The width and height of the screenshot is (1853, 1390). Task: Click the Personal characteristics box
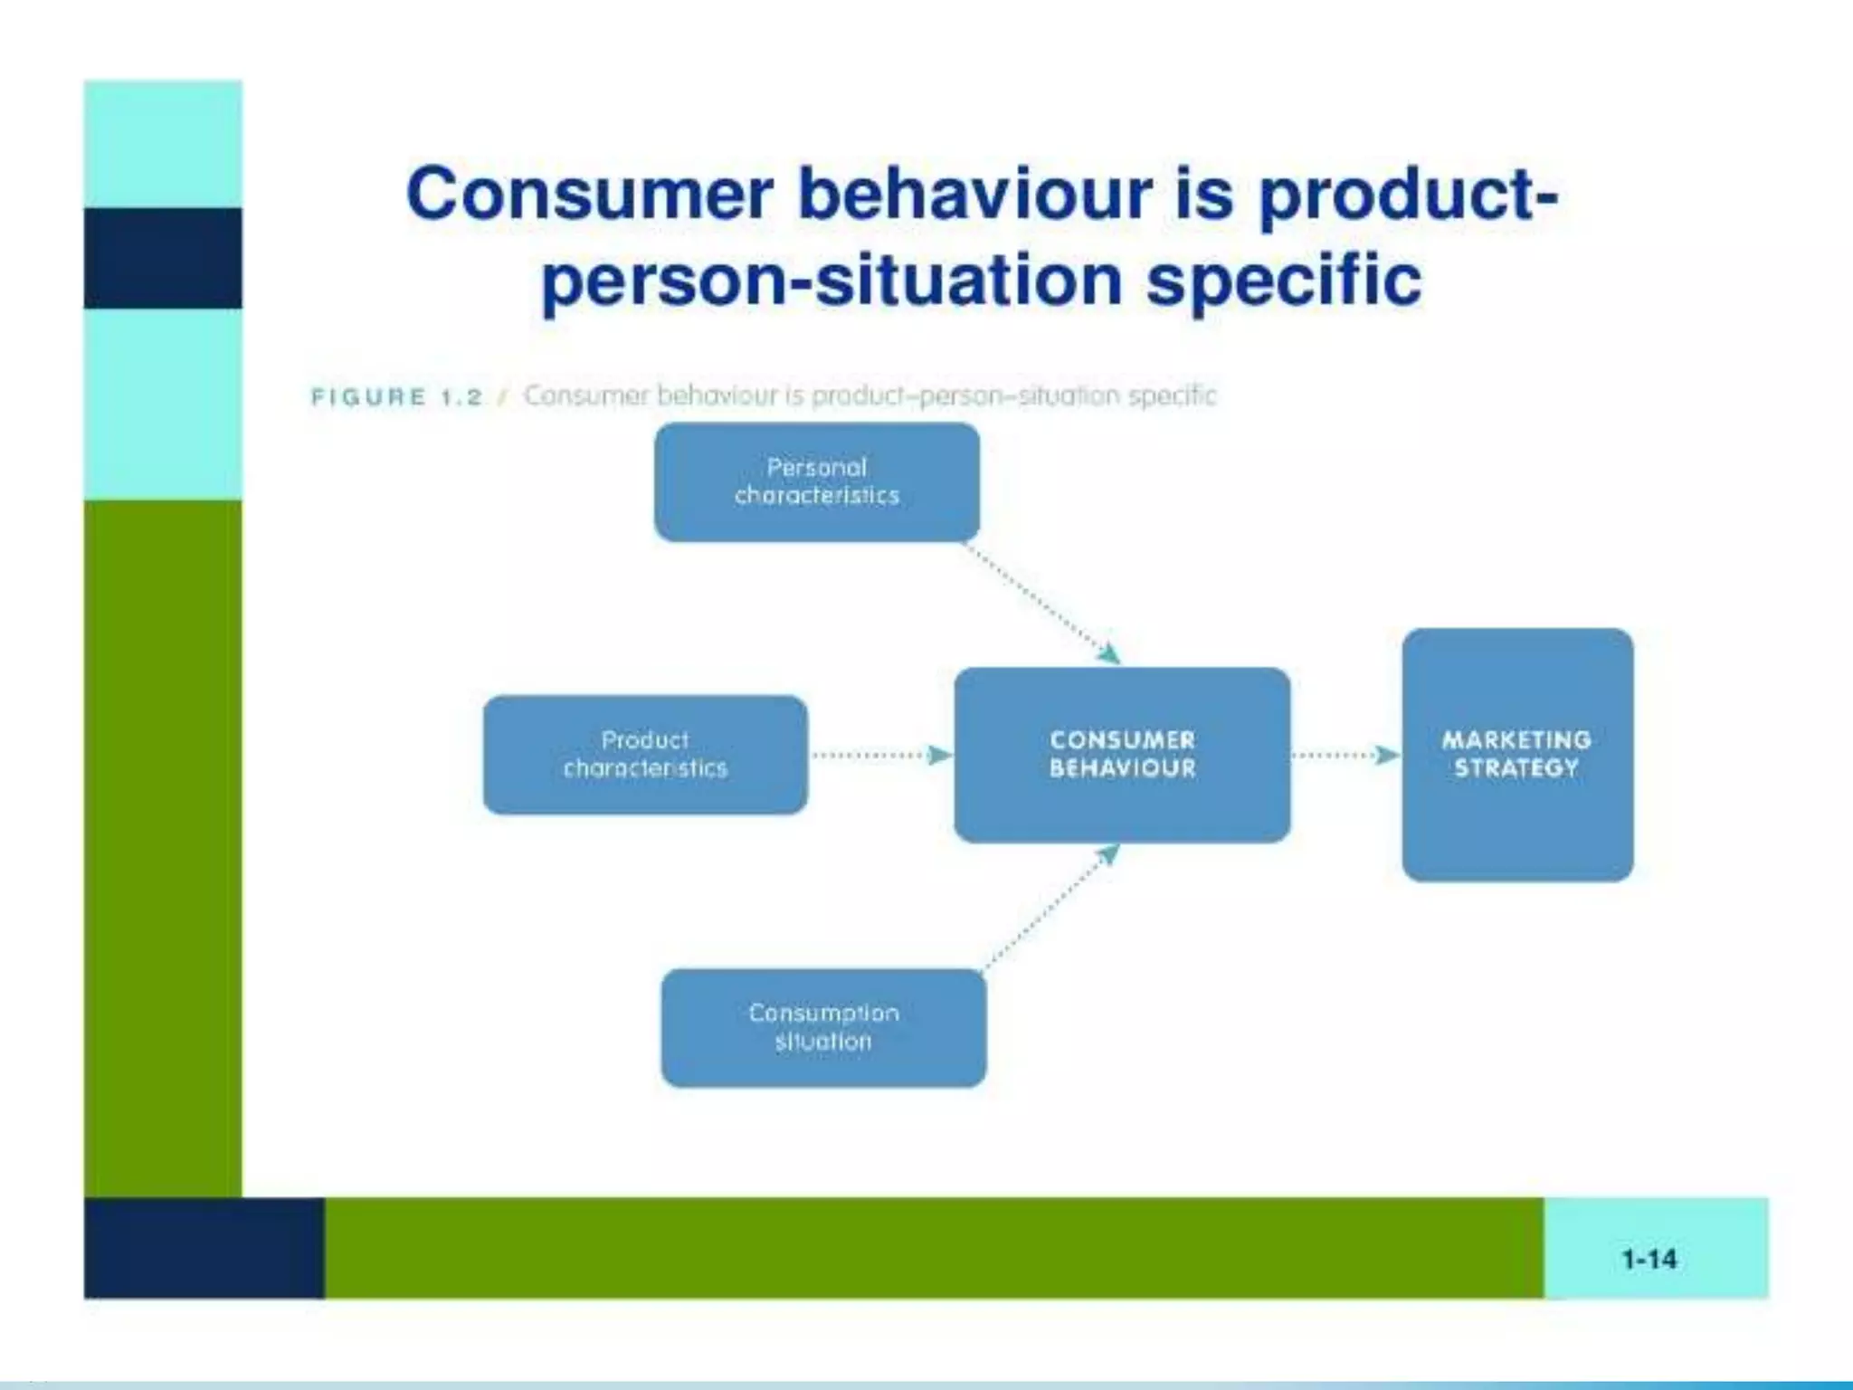[x=817, y=482]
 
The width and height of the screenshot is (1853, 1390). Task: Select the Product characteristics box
[x=645, y=755]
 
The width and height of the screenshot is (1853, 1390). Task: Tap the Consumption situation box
[x=823, y=1027]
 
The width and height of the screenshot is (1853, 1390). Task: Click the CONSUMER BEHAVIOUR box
[x=1122, y=755]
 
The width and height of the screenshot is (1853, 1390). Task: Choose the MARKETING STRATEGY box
[x=1517, y=755]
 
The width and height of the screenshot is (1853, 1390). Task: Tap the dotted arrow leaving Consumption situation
[x=1050, y=909]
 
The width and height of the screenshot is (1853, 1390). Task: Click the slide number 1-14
[x=1649, y=1259]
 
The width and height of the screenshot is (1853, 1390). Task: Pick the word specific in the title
[x=1284, y=280]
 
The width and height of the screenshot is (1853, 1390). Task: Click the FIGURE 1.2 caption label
[x=396, y=396]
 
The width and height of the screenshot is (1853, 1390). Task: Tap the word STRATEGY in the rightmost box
[x=1516, y=768]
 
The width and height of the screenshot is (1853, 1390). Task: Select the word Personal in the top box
[x=816, y=467]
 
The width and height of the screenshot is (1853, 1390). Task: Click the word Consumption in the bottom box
[x=823, y=1013]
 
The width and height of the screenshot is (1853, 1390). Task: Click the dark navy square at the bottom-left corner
[x=204, y=1248]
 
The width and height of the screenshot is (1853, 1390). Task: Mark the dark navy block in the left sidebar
[x=163, y=258]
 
